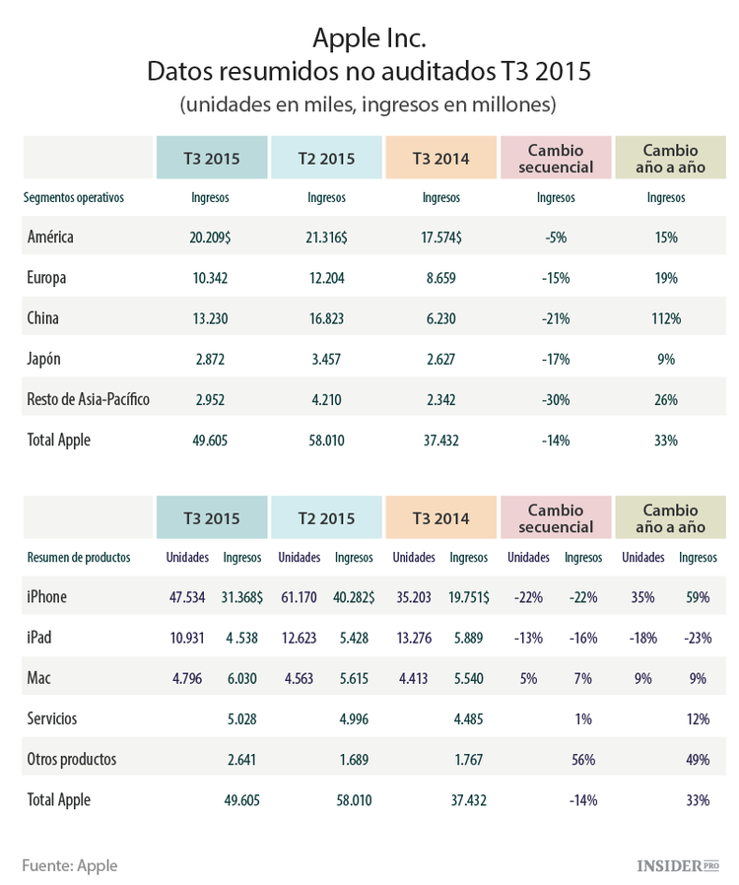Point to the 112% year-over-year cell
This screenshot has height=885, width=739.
pos(666,318)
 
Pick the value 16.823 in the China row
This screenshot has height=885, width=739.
pos(326,318)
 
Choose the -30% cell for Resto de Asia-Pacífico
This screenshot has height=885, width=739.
pos(556,400)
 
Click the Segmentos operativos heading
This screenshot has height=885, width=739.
pos(74,197)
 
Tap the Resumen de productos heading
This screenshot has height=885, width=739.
pos(79,557)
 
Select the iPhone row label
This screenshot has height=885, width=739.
pos(47,597)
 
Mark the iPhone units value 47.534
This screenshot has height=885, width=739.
pos(186,597)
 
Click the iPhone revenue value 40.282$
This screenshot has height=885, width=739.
pos(354,597)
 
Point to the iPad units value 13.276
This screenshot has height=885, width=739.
pos(413,638)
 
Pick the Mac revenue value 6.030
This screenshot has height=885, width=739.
pos(241,678)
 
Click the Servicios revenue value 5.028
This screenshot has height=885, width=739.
pos(241,719)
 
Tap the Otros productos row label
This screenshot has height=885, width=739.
pos(72,760)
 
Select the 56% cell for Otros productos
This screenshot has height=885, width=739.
pos(582,760)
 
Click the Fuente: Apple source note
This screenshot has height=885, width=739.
pos(70,865)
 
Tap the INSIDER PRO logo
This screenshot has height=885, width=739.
pos(678,865)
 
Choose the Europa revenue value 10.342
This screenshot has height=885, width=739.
pos(210,278)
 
